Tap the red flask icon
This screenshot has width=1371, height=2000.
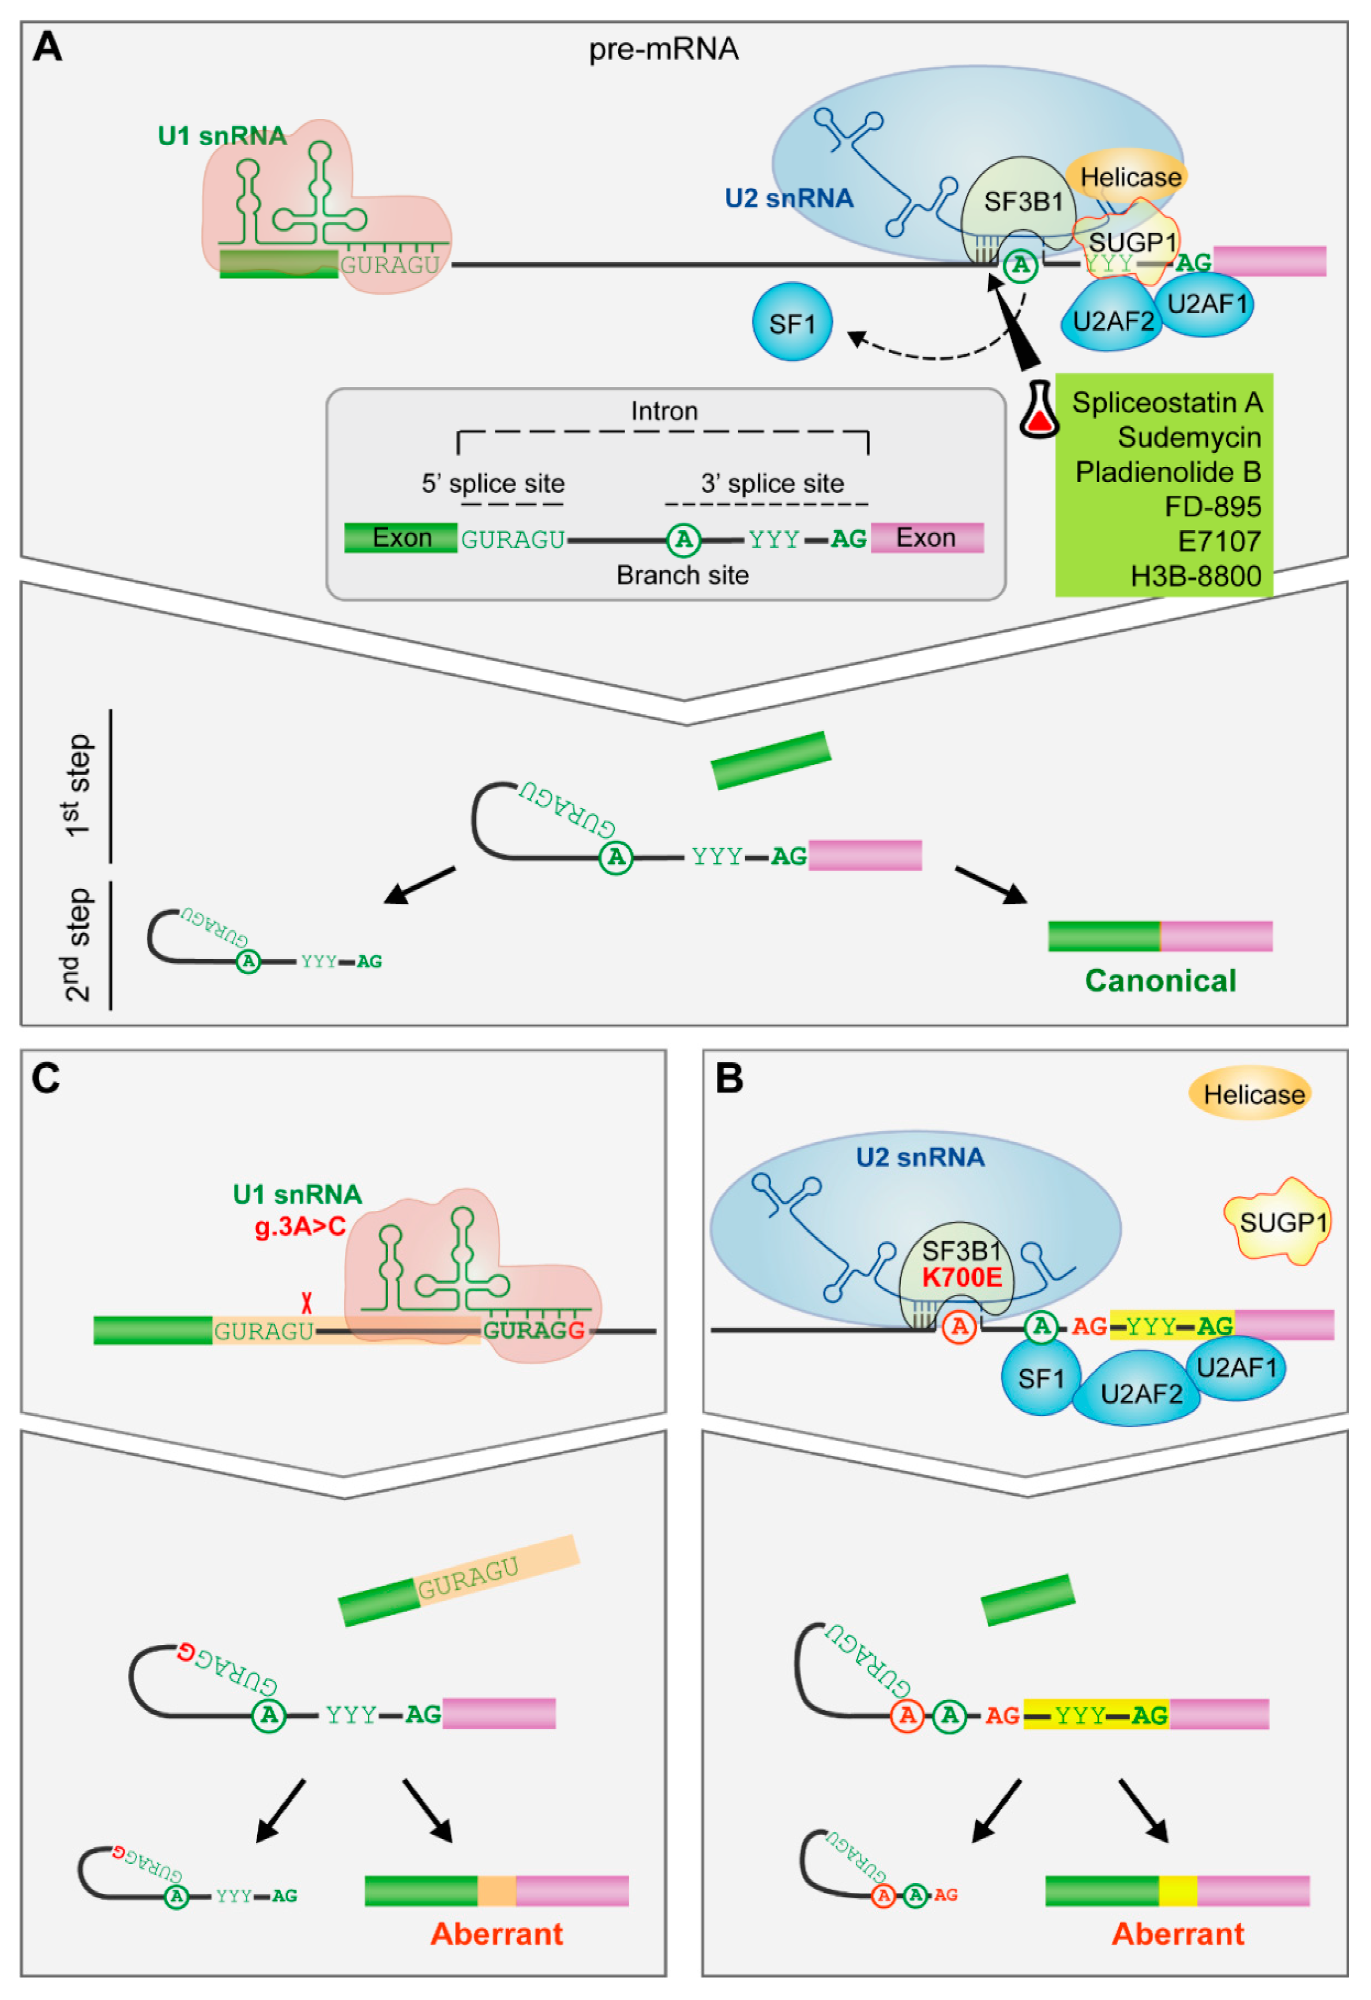[x=1038, y=411]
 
